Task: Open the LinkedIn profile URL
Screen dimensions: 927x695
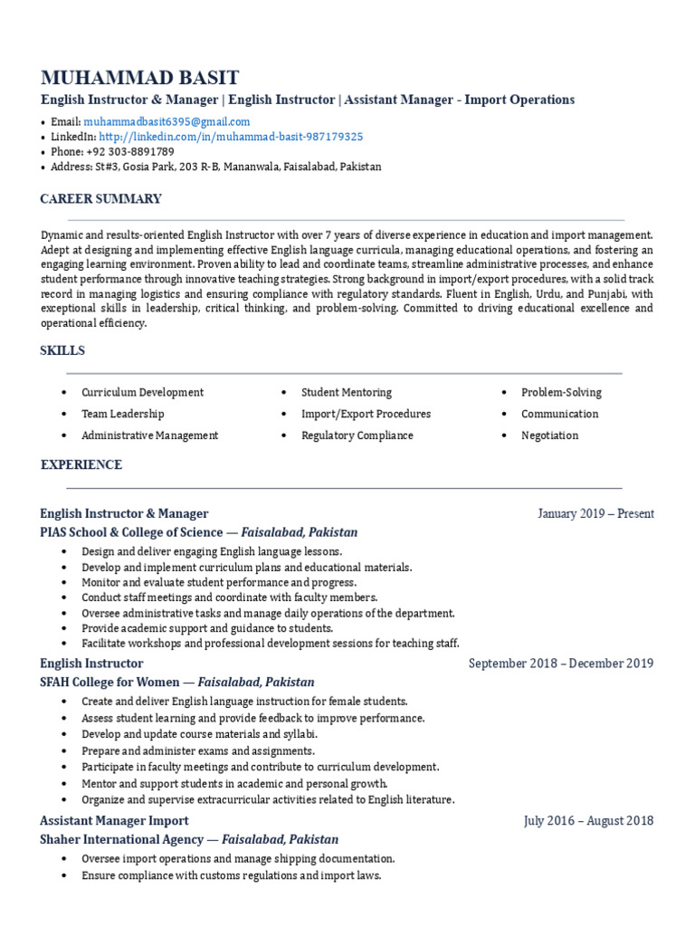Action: tap(231, 137)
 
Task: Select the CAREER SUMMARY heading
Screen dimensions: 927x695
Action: tap(100, 199)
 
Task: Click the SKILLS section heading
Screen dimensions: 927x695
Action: tap(62, 350)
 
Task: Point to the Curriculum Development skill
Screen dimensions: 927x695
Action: tap(142, 393)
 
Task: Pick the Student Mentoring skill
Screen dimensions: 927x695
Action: tap(347, 393)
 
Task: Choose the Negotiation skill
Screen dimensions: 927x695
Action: tap(549, 435)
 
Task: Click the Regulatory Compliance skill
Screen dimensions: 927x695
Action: tap(357, 435)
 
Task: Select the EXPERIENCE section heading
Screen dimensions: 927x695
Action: tap(81, 465)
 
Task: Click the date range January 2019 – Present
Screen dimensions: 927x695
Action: tap(595, 514)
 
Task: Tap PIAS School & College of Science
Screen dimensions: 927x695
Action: tap(131, 532)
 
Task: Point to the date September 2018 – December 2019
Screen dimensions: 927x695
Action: tap(561, 664)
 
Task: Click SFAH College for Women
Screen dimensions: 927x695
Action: tap(109, 682)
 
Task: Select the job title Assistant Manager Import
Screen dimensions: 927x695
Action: tap(114, 820)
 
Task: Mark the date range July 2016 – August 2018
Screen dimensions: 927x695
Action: tap(588, 821)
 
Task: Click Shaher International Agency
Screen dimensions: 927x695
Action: tap(122, 839)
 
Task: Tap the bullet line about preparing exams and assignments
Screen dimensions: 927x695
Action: tap(198, 750)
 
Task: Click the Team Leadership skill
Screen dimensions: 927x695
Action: tap(123, 414)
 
